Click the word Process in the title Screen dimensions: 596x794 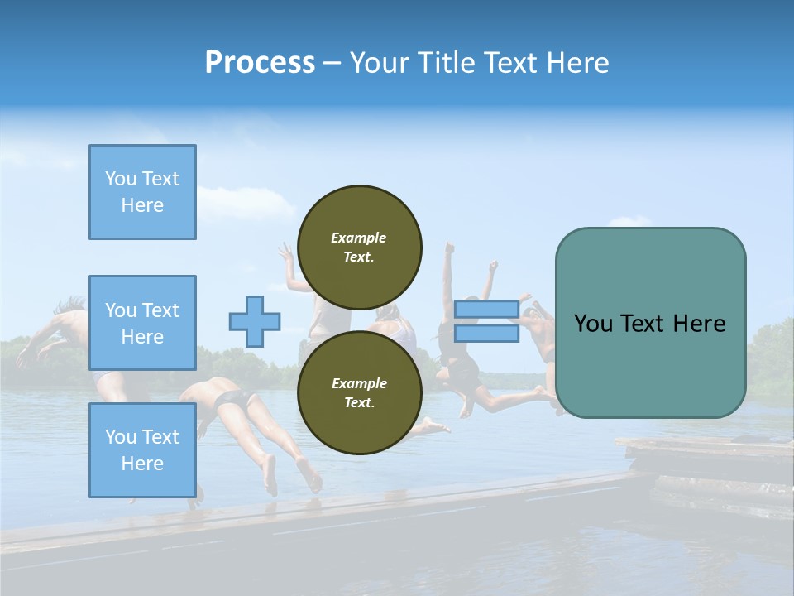(x=260, y=63)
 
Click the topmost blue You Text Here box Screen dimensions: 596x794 (x=142, y=192)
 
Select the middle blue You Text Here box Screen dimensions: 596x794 (x=142, y=323)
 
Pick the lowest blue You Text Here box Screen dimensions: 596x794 (x=142, y=450)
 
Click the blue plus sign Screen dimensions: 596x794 (x=255, y=321)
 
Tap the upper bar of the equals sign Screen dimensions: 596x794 (x=486, y=310)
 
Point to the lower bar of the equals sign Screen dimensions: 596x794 (x=486, y=334)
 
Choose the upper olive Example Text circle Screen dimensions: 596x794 (x=359, y=248)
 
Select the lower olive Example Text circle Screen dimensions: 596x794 (x=359, y=393)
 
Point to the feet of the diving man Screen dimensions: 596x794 (x=289, y=478)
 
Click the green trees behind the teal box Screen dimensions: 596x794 (x=769, y=356)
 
